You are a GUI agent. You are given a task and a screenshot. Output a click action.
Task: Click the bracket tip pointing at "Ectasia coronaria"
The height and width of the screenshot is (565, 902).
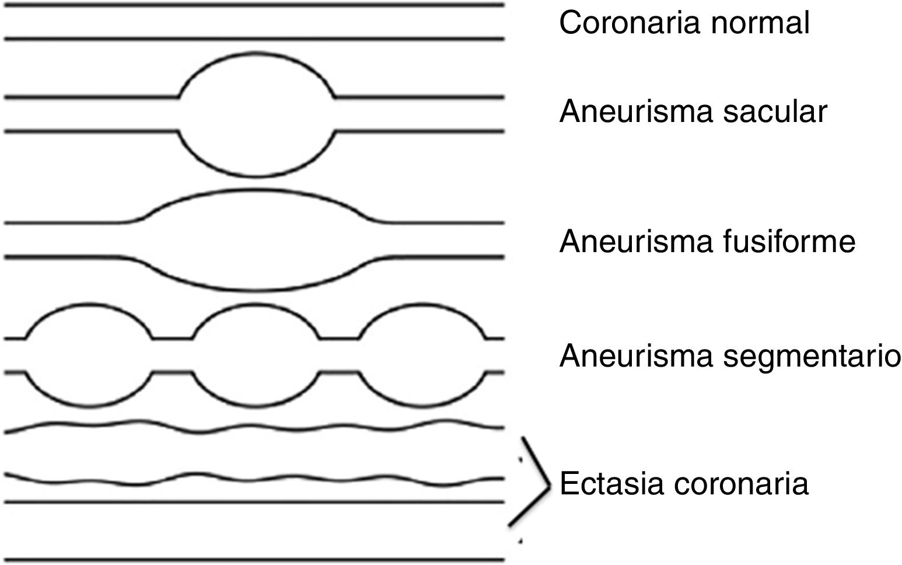click(549, 484)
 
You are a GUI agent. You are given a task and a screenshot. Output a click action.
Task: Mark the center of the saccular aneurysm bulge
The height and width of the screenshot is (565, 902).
click(256, 114)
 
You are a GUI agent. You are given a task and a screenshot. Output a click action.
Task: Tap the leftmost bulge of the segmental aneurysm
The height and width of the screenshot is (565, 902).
click(89, 355)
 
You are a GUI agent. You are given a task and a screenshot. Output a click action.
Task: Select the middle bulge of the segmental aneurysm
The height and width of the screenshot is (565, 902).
click(255, 355)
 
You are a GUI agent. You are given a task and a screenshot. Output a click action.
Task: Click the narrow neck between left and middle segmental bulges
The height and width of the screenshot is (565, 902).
click(172, 355)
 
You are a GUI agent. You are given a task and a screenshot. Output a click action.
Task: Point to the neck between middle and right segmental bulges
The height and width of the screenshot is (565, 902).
click(338, 355)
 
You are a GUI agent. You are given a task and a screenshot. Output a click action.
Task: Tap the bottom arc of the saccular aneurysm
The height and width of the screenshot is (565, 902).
click(256, 175)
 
